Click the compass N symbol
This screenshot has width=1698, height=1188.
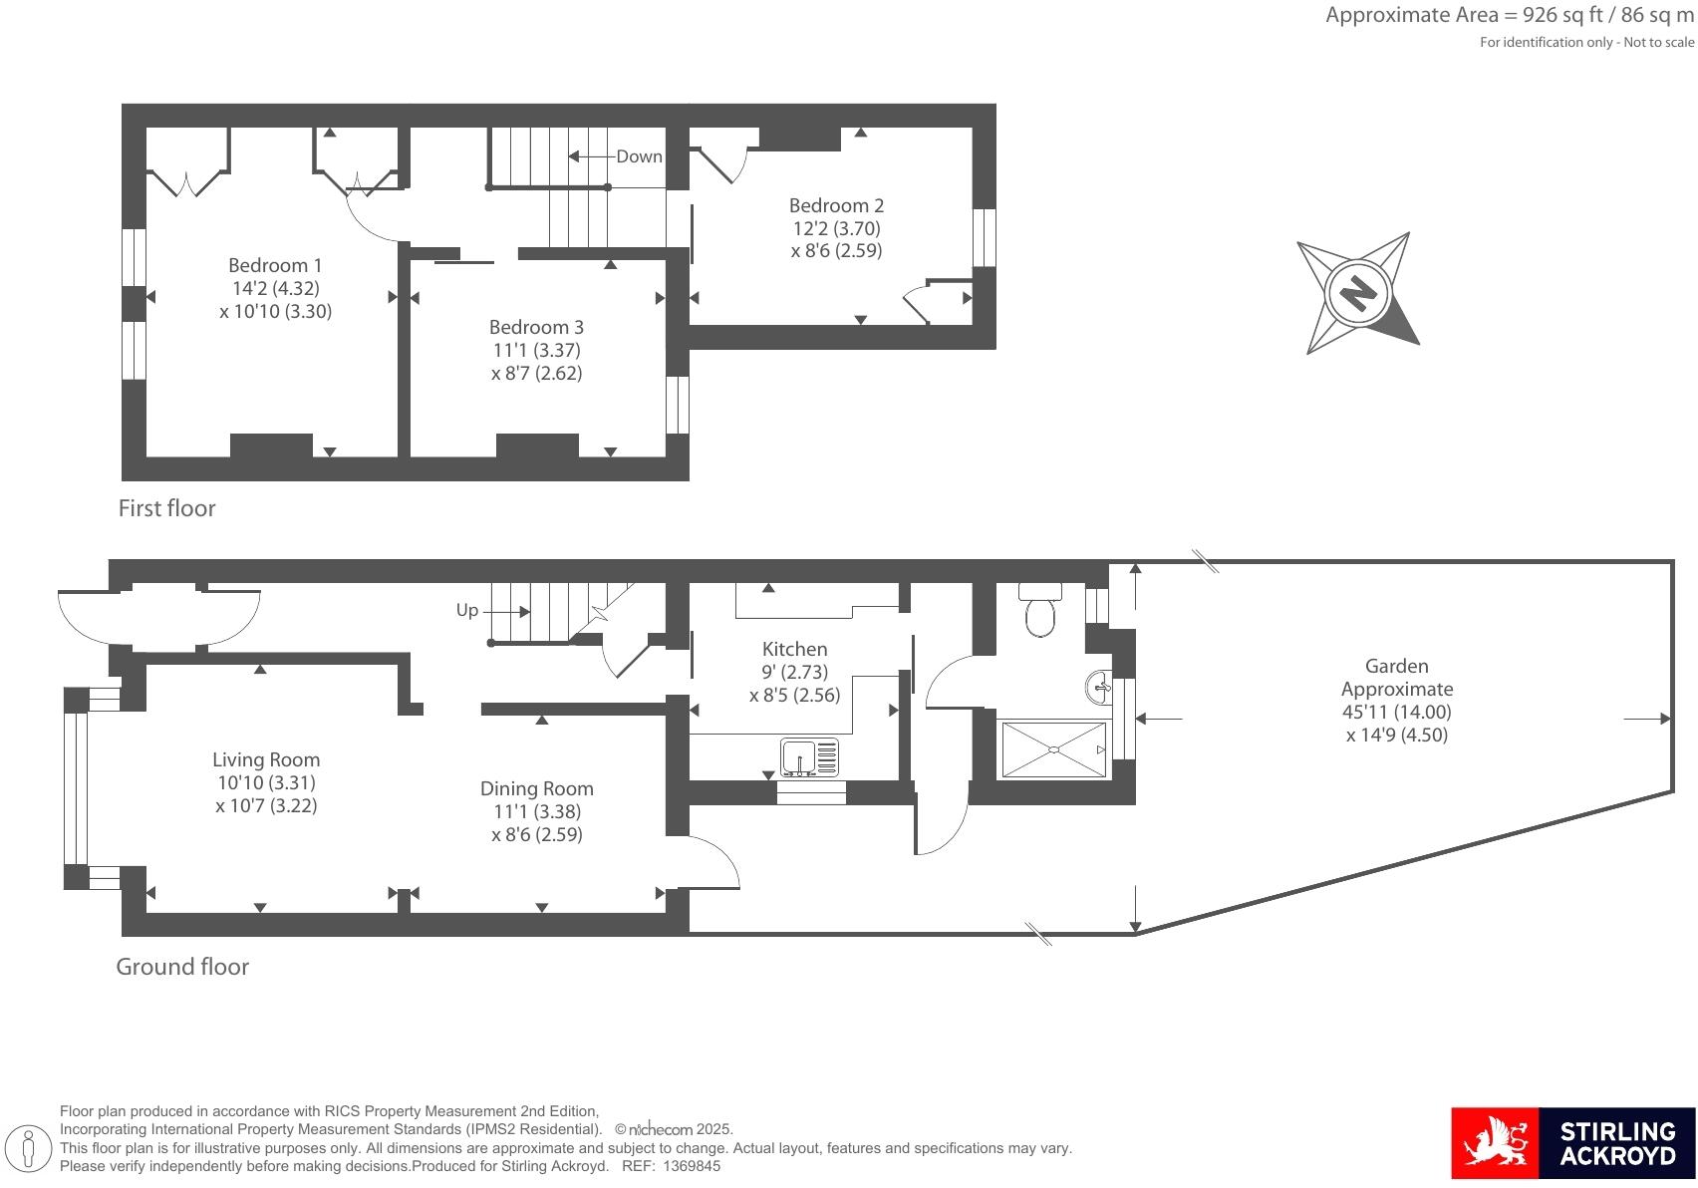pyautogui.click(x=1357, y=292)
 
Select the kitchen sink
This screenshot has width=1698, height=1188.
pyautogui.click(x=809, y=757)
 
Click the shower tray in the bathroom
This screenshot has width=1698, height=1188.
pyautogui.click(x=1053, y=749)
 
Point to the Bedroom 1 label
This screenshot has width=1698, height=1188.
pyautogui.click(x=275, y=266)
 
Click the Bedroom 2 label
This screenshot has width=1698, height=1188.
pyautogui.click(x=836, y=206)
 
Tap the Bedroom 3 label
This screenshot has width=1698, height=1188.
pyautogui.click(x=536, y=328)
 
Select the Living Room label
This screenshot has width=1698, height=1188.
pyautogui.click(x=266, y=760)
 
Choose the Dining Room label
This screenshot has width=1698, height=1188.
pyautogui.click(x=536, y=789)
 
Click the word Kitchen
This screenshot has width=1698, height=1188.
pyautogui.click(x=794, y=650)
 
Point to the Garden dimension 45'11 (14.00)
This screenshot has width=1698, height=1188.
pyautogui.click(x=1396, y=713)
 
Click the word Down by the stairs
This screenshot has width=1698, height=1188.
pyautogui.click(x=639, y=156)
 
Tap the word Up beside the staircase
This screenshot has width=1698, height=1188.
pyautogui.click(x=466, y=610)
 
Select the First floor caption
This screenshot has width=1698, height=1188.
pyautogui.click(x=166, y=508)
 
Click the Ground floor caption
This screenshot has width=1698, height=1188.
pyautogui.click(x=182, y=967)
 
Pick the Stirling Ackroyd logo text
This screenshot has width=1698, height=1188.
pyautogui.click(x=1616, y=1143)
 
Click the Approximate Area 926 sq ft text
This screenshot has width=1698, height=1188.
pyautogui.click(x=1509, y=15)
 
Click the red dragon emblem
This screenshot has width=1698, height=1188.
pyautogui.click(x=1494, y=1143)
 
